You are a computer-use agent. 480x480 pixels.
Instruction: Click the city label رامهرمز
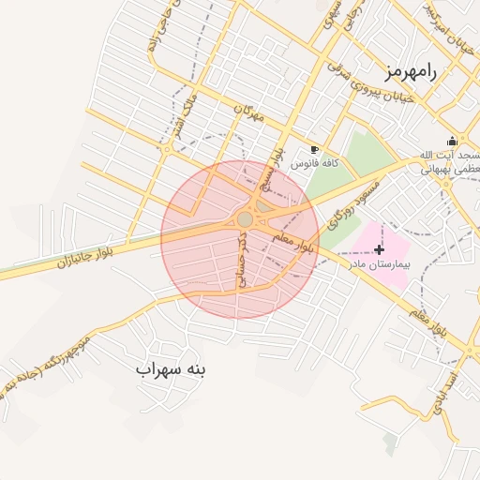pyautogui.click(x=411, y=72)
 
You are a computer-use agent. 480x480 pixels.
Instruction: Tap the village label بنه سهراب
pyautogui.click(x=170, y=369)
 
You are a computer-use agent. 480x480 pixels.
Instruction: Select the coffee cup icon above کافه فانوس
pyautogui.click(x=314, y=149)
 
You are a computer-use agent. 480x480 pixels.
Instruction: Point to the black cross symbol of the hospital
pyautogui.click(x=379, y=249)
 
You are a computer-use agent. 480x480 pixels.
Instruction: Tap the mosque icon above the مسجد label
pyautogui.click(x=453, y=141)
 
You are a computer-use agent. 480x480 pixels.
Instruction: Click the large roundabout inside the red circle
pyautogui.click(x=246, y=219)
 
